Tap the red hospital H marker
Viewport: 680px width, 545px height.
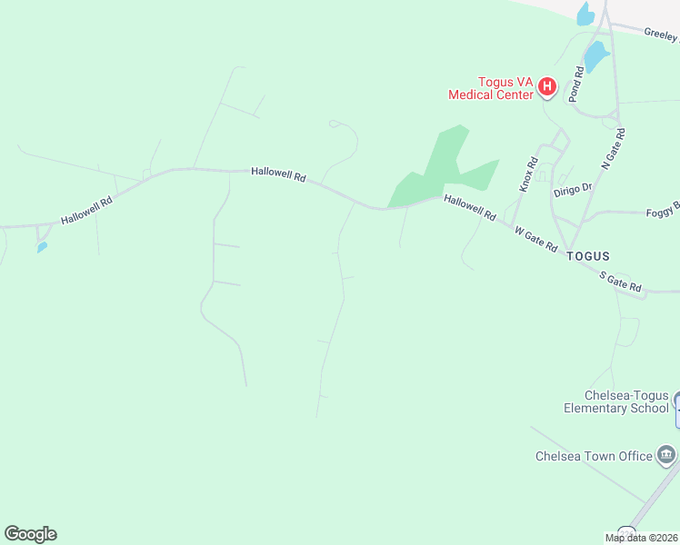547,87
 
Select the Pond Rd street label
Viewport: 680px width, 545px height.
575,83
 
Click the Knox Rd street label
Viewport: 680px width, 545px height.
529,174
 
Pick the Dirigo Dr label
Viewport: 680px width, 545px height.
573,189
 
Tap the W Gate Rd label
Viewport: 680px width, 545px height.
535,239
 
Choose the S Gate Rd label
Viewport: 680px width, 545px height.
620,280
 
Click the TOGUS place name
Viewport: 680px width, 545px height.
587,256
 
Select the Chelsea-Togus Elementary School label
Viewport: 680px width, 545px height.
615,401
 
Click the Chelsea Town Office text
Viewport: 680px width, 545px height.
594,456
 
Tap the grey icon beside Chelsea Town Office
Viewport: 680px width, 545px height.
666,454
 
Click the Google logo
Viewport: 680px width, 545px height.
30,534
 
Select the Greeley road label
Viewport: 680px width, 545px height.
661,35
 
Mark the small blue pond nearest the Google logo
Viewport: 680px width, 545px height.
42,247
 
